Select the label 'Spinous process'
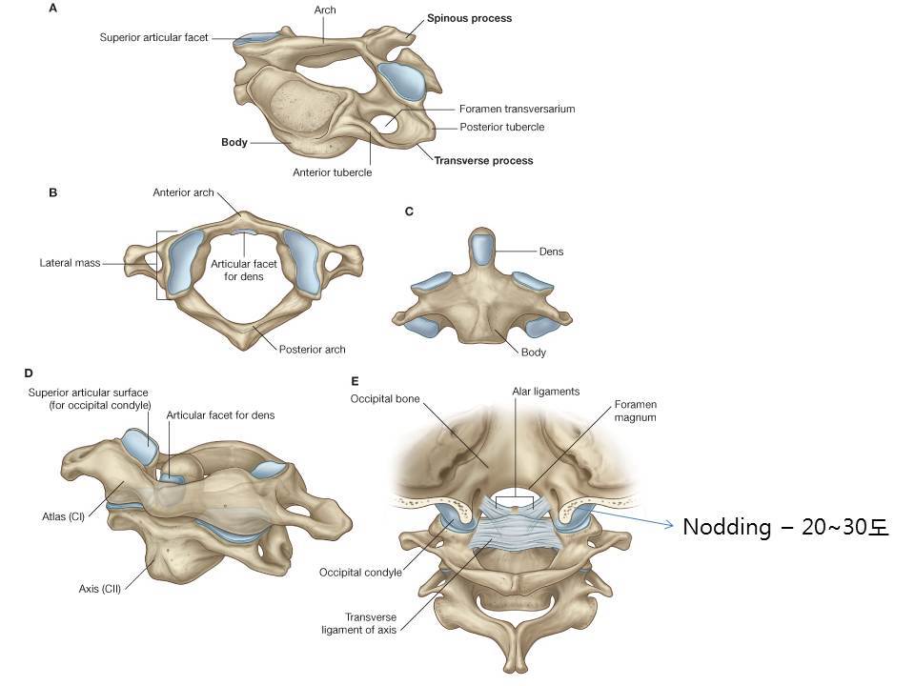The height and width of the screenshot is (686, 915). coord(469,18)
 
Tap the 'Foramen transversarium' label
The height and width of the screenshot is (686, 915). coord(517,109)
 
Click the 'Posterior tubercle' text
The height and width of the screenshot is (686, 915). coord(502,127)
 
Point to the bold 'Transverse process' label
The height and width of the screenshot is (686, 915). coord(483,161)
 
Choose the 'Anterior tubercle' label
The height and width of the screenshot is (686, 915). coord(333,172)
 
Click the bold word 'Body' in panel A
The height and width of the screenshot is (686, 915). coord(234,143)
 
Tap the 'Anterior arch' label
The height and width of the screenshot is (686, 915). coord(184,192)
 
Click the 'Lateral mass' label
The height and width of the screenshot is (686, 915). coord(71,263)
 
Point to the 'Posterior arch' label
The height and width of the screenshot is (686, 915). coord(313,350)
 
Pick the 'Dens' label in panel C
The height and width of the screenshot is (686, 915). coord(551,252)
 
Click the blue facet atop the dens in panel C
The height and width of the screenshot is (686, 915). coord(483,250)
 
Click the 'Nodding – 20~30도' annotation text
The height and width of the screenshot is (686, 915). coord(785,527)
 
